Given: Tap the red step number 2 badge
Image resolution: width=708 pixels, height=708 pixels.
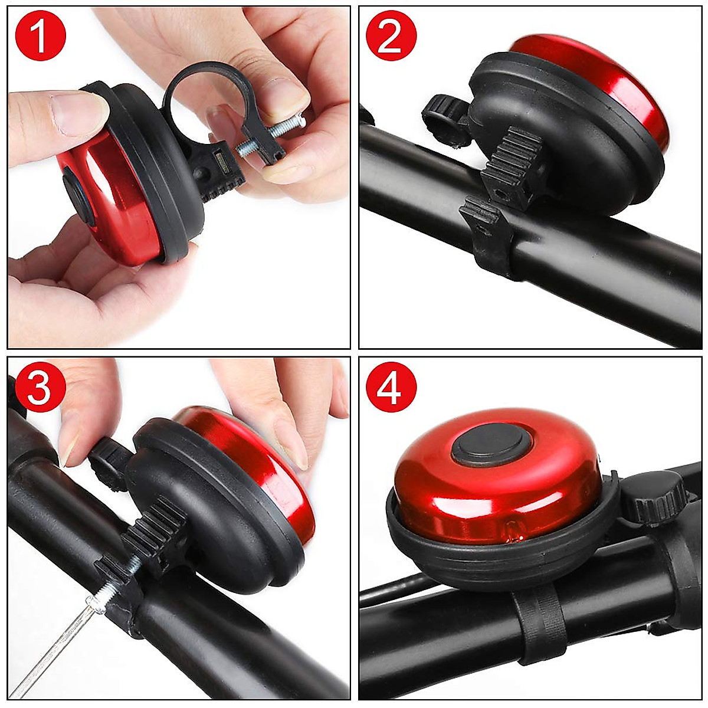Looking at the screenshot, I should coord(391,37).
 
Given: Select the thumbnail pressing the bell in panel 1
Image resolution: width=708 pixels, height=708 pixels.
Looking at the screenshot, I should coord(71,109).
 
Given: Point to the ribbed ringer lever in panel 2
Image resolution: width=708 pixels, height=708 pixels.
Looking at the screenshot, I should coord(513,159).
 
